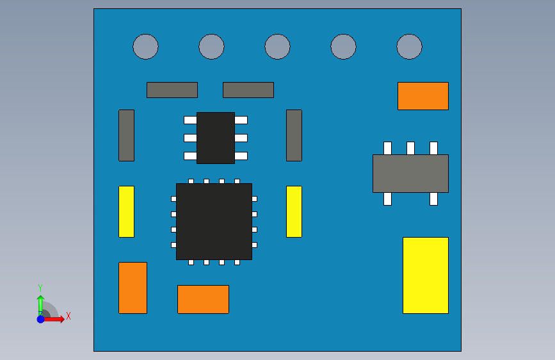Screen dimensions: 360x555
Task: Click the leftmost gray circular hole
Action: (x=145, y=47)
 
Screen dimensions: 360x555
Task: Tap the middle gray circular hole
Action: (x=277, y=47)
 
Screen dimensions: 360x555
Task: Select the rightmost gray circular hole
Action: (x=409, y=47)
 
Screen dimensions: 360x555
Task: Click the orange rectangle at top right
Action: (x=422, y=96)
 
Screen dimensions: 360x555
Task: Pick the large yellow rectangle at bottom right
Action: (x=425, y=275)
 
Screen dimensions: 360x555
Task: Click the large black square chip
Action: (x=214, y=222)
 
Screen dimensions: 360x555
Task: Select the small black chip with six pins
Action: (x=215, y=138)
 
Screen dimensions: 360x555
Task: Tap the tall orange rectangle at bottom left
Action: (x=133, y=288)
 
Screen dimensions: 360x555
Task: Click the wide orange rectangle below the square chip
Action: (x=203, y=299)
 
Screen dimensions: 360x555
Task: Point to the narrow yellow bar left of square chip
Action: (x=126, y=211)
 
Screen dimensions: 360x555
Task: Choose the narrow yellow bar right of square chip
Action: (x=294, y=211)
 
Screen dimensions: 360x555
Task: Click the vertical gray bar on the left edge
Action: (x=126, y=135)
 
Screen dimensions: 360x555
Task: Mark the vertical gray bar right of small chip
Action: (x=294, y=135)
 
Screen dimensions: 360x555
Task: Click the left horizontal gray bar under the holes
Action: (x=172, y=90)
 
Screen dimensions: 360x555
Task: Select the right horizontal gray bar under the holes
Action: (x=248, y=90)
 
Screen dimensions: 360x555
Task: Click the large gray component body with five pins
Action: (x=410, y=174)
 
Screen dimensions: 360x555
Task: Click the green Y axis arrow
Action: (x=40, y=303)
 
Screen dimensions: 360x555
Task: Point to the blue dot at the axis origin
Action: (x=40, y=319)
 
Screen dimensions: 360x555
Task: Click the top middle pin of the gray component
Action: (x=410, y=148)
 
